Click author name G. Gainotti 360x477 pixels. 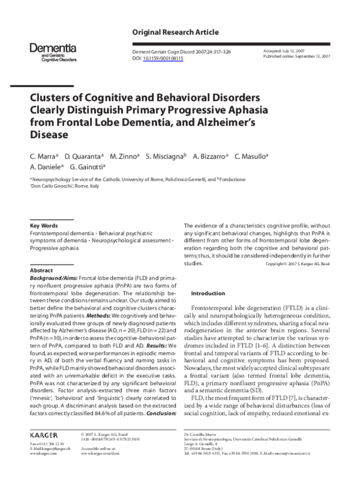coord(87,168)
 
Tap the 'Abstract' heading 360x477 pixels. coord(41,271)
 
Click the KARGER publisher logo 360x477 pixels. coord(47,433)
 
